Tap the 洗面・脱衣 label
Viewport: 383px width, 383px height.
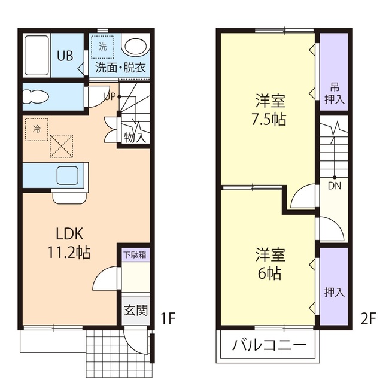click(121, 67)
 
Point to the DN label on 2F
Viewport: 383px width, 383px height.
click(335, 186)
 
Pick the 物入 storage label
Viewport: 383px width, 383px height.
click(135, 136)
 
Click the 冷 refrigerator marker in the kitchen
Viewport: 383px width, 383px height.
click(37, 128)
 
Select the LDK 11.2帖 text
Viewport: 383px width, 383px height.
click(69, 243)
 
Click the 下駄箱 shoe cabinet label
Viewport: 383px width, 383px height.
click(135, 254)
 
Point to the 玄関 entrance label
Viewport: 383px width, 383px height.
click(135, 310)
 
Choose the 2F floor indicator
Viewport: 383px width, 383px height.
click(367, 318)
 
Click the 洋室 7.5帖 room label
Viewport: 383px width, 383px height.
click(269, 110)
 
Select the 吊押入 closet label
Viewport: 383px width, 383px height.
click(334, 93)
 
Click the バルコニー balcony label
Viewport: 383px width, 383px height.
click(269, 346)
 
